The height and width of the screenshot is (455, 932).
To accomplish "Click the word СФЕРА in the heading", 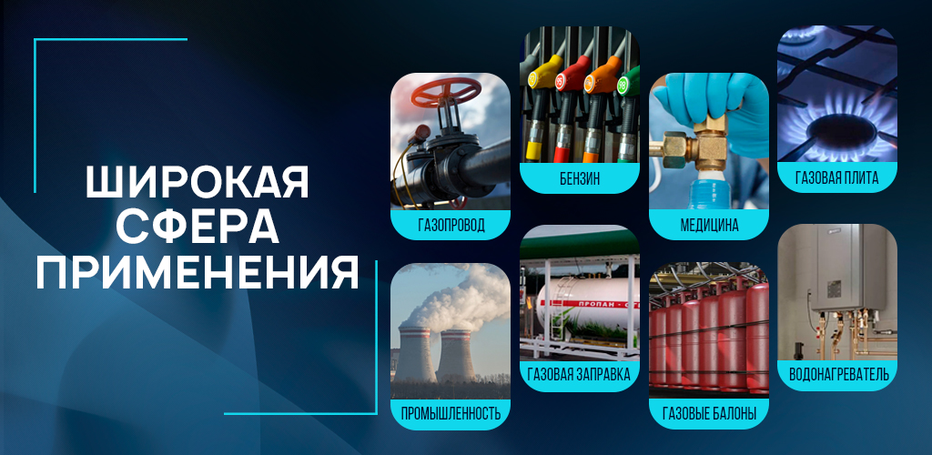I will click(198, 227).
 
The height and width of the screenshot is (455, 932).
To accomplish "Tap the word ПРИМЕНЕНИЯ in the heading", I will click(198, 273).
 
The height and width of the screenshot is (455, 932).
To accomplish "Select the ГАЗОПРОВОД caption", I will click(450, 226).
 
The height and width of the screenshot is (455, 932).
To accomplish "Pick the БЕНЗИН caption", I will click(580, 178).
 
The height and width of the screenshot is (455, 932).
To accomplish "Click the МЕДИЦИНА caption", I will click(708, 225).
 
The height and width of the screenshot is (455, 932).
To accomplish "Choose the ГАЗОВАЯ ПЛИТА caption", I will click(836, 178).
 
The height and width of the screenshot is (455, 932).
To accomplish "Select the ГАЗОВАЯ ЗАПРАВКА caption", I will click(580, 373).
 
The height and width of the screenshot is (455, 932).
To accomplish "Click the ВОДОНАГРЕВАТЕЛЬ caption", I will click(836, 373).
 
